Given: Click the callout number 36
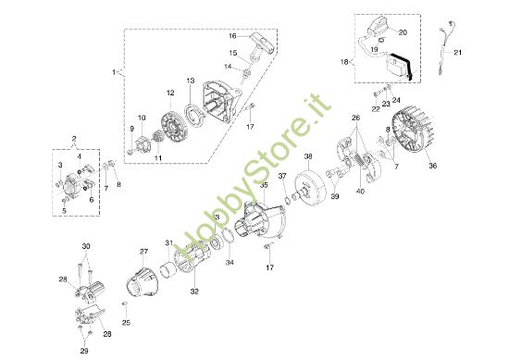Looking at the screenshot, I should tap(431, 167).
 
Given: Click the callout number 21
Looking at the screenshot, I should tap(484, 52).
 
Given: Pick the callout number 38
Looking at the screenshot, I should tap(309, 157).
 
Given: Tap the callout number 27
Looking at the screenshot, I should tap(143, 253).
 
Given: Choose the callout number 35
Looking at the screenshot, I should tap(264, 186).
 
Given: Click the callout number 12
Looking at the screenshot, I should tap(170, 93).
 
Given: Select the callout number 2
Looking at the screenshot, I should tap(75, 139).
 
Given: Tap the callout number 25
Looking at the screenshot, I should tap(126, 322).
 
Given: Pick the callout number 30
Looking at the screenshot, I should tap(87, 246).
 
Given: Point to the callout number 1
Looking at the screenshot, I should tap(114, 70).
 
